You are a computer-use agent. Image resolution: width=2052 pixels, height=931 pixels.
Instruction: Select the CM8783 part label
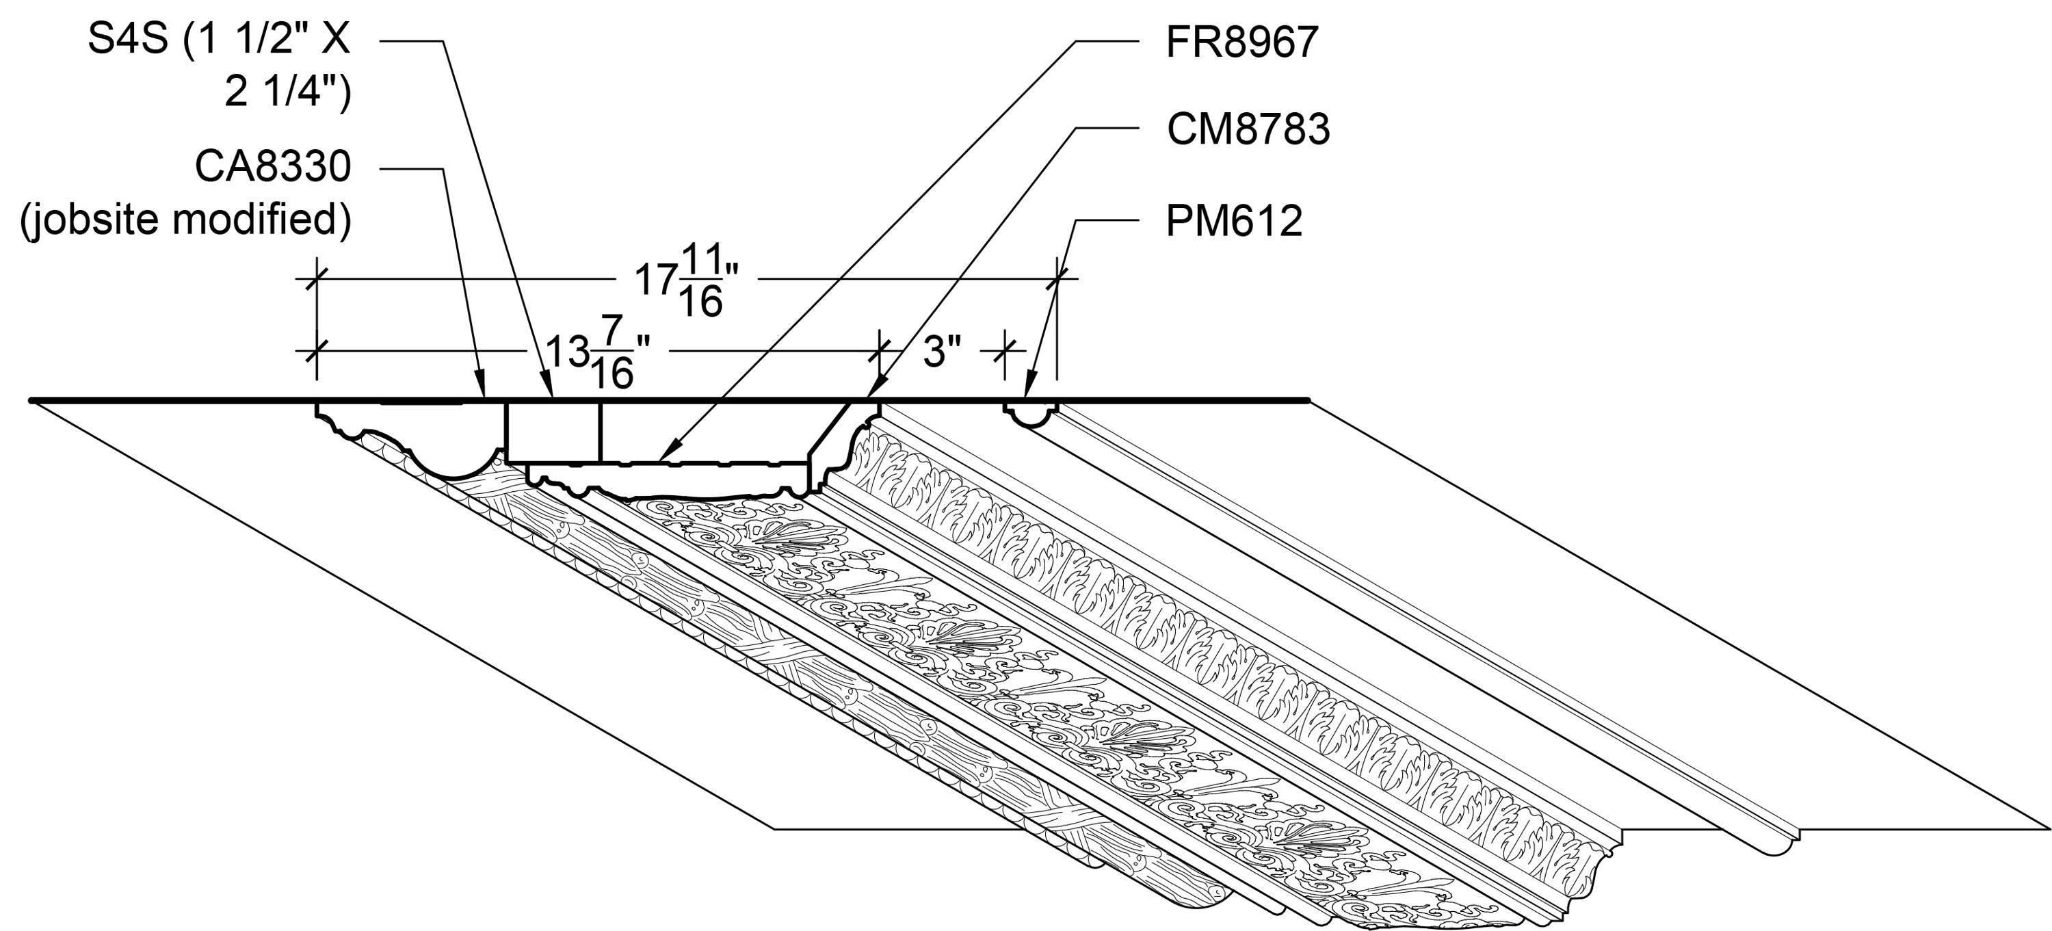coord(1248,129)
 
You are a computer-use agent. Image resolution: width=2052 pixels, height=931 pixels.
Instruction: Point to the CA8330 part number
coord(273,167)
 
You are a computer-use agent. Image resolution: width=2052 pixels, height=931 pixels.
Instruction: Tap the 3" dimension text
coord(943,351)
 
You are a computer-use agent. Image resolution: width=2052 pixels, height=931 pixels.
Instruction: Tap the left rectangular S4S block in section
coord(553,432)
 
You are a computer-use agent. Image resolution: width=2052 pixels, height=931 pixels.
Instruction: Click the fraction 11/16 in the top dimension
coord(701,280)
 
